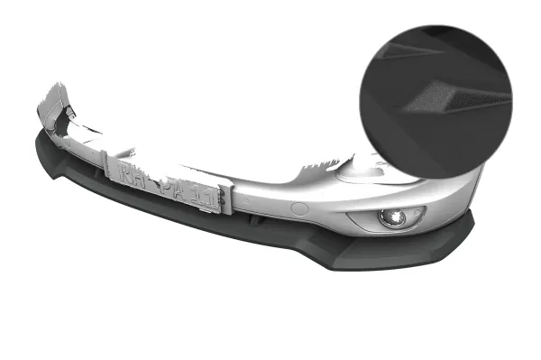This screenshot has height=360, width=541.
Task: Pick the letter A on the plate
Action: pos(183,190)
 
